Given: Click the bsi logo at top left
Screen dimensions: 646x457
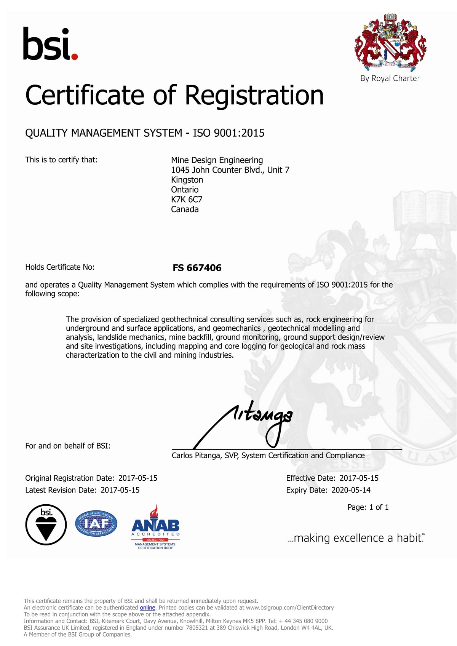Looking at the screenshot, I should [x=50, y=44].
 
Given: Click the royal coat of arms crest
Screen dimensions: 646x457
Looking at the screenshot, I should [x=390, y=43].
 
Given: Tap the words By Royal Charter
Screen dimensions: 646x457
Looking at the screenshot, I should [x=390, y=78].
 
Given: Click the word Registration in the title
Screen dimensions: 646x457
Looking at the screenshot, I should [x=254, y=95].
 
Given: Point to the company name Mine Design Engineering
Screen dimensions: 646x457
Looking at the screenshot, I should [x=217, y=160].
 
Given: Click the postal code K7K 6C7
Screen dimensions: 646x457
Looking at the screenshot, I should [x=187, y=200].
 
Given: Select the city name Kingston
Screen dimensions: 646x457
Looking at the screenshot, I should [x=187, y=180].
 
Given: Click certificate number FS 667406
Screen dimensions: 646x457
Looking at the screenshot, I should [x=197, y=268].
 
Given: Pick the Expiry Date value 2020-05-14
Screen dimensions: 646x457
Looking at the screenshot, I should [x=351, y=490].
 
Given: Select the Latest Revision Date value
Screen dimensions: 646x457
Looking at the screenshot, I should [x=120, y=490].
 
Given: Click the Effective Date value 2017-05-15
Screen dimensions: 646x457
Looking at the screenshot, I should [x=359, y=478].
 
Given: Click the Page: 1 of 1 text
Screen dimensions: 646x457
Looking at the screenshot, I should [x=368, y=507].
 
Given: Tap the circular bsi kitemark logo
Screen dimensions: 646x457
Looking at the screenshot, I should [x=46, y=525].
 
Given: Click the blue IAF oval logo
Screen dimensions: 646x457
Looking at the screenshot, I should [x=96, y=524].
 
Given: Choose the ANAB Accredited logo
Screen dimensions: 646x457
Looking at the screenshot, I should [x=155, y=528].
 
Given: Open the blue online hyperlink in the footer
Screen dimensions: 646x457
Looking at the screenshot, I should [x=147, y=608].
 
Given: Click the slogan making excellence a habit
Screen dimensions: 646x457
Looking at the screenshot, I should [x=356, y=538].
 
